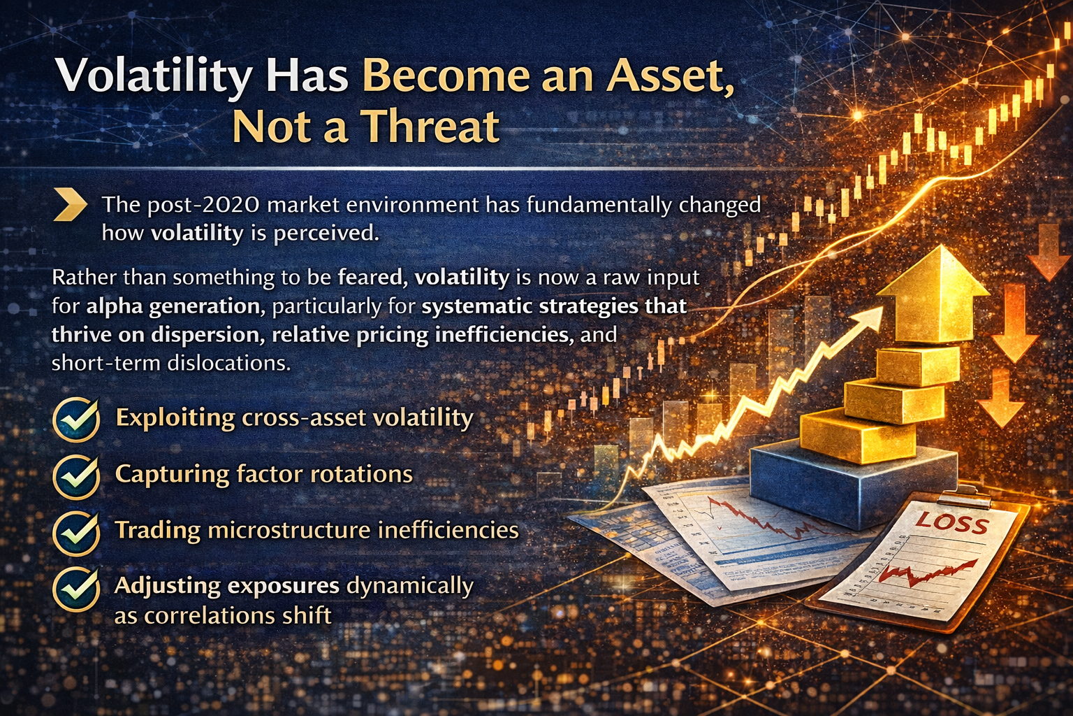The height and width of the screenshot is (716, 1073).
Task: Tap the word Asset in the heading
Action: pyautogui.click(x=670, y=76)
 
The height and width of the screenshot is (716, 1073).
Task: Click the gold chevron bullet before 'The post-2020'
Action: pyautogui.click(x=70, y=205)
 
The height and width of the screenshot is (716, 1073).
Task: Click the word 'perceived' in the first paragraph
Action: pyautogui.click(x=326, y=233)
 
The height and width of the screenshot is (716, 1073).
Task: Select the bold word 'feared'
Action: pyautogui.click(x=372, y=278)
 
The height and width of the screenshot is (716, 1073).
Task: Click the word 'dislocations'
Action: pyautogui.click(x=228, y=363)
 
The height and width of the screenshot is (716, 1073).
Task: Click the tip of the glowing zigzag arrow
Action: pyautogui.click(x=882, y=308)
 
